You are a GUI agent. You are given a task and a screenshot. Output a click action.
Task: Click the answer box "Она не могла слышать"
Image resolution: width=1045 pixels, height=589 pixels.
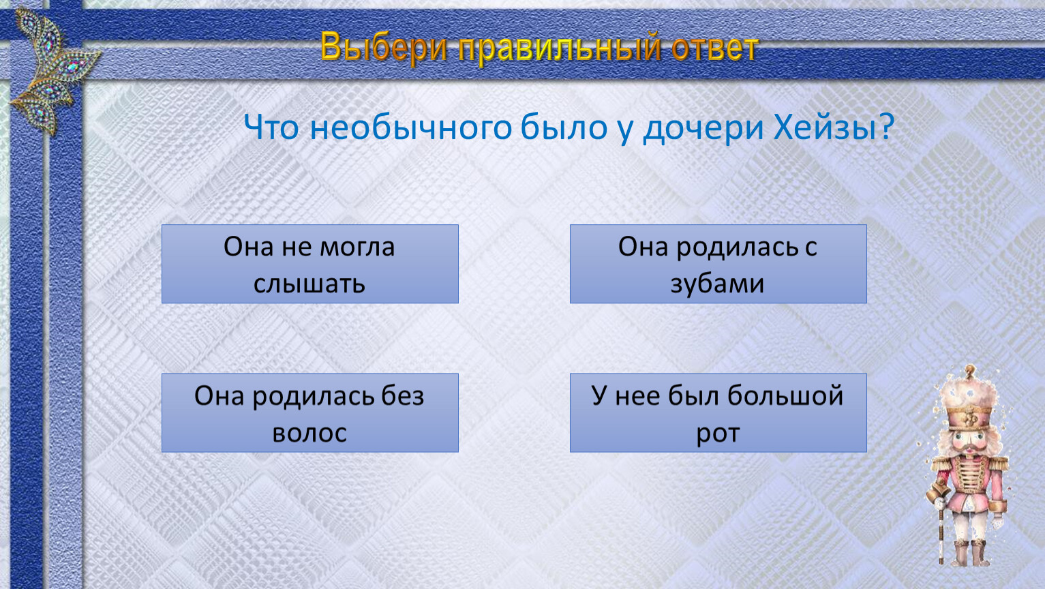309,264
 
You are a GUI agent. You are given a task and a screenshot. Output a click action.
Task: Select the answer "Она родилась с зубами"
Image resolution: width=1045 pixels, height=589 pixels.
718,264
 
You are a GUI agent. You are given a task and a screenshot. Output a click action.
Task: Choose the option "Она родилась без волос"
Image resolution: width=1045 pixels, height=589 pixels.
309,412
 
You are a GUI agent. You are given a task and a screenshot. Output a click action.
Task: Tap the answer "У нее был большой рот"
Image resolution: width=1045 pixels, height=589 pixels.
718,412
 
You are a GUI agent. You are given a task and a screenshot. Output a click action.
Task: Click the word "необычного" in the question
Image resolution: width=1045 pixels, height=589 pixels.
411,127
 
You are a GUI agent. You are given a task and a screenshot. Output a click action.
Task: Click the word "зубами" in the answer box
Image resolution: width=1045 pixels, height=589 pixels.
718,284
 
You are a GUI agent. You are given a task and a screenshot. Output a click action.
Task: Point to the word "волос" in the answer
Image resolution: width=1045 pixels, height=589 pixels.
309,433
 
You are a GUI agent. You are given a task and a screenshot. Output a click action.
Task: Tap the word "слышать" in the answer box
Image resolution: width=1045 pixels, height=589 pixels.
309,284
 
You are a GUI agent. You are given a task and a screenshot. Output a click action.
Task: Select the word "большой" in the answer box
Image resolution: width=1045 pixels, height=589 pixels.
785,396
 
